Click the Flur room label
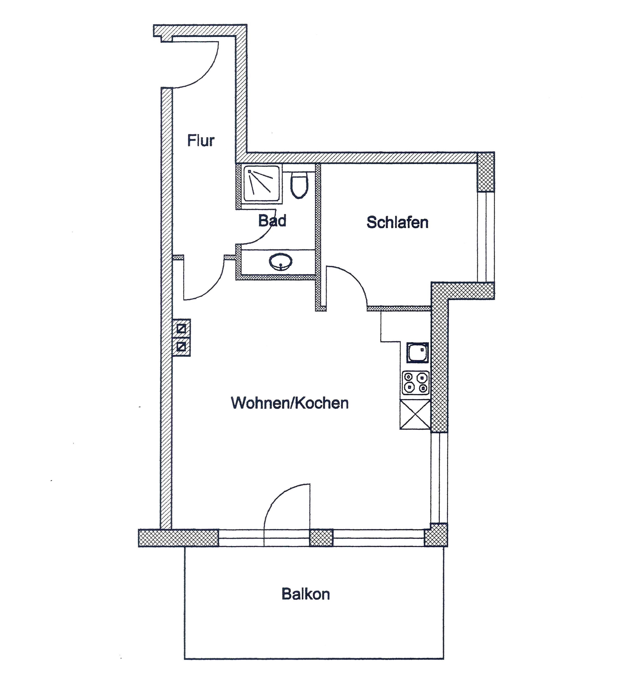pyautogui.click(x=201, y=140)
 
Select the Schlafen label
pyautogui.click(x=398, y=222)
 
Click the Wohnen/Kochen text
pyautogui.click(x=290, y=403)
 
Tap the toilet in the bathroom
pyautogui.click(x=299, y=185)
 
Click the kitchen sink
pyautogui.click(x=417, y=352)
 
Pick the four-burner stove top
pyautogui.click(x=416, y=383)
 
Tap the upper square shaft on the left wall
pyautogui.click(x=181, y=328)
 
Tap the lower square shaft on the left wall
pyautogui.click(x=181, y=347)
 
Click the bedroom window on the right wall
pyautogui.click(x=486, y=237)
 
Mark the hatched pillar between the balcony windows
pyautogui.click(x=321, y=537)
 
